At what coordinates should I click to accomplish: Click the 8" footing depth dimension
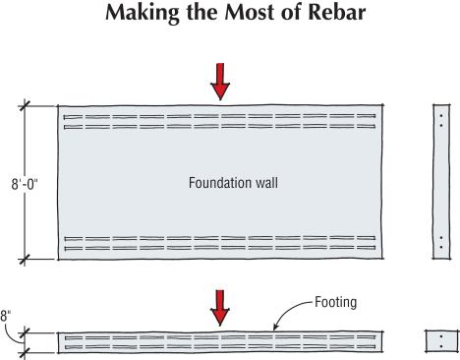click(x=7, y=317)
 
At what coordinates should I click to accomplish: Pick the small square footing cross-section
click(x=441, y=342)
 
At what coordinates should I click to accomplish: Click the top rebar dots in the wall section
click(x=442, y=120)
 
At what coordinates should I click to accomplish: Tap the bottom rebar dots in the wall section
click(x=442, y=242)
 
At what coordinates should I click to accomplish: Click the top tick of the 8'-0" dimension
click(x=26, y=104)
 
